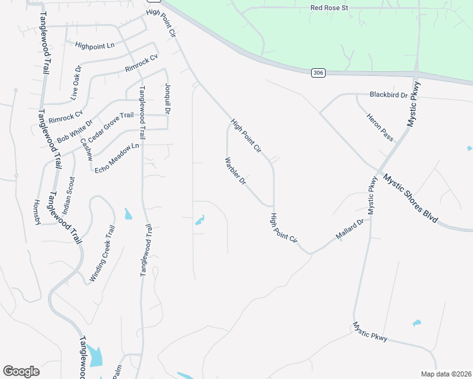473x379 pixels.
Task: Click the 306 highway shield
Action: click(x=318, y=73)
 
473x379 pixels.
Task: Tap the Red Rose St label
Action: click(x=330, y=8)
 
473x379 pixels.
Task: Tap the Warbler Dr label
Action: click(x=235, y=171)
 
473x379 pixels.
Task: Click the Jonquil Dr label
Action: click(x=168, y=99)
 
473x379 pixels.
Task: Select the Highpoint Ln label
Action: click(x=95, y=45)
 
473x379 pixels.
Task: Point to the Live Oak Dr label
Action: click(x=76, y=83)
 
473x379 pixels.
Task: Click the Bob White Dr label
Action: click(x=75, y=131)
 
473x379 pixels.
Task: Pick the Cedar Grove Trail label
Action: click(x=111, y=128)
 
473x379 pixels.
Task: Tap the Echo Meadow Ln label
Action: click(x=116, y=159)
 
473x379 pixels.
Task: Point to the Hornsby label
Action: click(x=37, y=212)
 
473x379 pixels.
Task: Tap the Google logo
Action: click(x=21, y=371)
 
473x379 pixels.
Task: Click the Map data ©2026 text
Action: click(x=446, y=374)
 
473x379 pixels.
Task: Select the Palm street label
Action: click(x=116, y=368)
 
